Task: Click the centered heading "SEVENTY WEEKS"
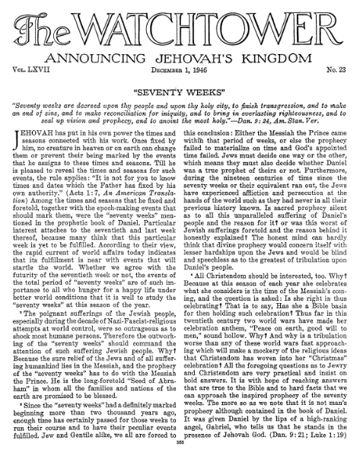click(180, 88)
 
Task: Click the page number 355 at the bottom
click(180, 450)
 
